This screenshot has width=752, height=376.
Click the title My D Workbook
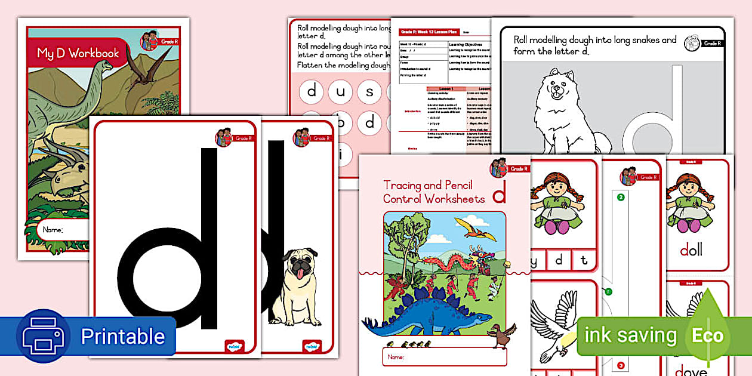click(78, 53)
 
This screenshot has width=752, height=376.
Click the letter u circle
click(340, 92)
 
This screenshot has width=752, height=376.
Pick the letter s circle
click(369, 92)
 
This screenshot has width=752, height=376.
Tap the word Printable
click(122, 337)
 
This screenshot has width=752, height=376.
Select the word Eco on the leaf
click(707, 335)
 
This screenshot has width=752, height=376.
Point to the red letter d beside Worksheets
click(500, 192)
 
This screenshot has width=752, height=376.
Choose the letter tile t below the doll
click(584, 260)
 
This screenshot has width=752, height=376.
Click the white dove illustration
click(555, 325)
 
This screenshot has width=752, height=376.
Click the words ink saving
click(630, 335)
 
